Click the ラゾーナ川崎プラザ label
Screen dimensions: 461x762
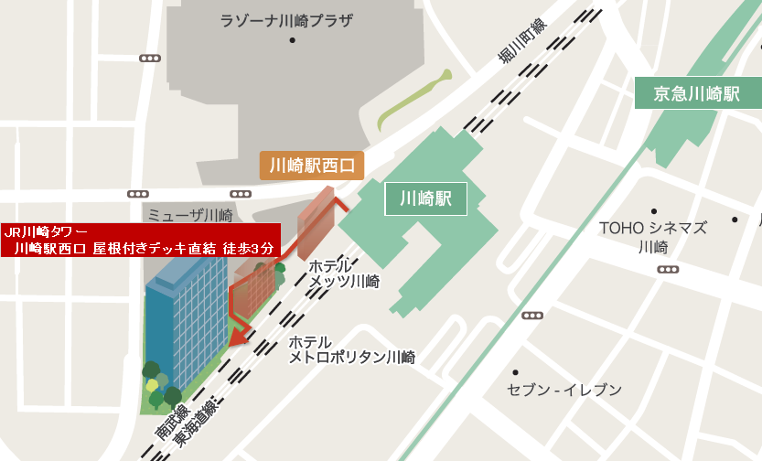[x=286, y=20]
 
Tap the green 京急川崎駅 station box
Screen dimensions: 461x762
[x=696, y=93]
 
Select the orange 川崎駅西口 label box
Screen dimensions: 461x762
[x=312, y=166]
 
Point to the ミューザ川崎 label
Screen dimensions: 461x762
[x=190, y=216]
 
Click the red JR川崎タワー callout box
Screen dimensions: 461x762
[x=138, y=240]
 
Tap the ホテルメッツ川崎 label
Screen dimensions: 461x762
[x=343, y=273]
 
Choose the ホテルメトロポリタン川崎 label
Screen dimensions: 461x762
[x=351, y=349]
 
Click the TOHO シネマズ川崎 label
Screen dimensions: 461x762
[x=653, y=237]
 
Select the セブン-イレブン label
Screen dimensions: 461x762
[x=564, y=391]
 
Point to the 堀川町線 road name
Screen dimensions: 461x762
[x=521, y=42]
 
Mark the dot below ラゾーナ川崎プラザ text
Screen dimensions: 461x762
[x=293, y=40]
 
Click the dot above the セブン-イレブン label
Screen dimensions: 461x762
[x=516, y=372]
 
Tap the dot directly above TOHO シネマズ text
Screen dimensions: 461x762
[x=653, y=211]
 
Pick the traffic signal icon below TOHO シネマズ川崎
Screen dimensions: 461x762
[x=669, y=270]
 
